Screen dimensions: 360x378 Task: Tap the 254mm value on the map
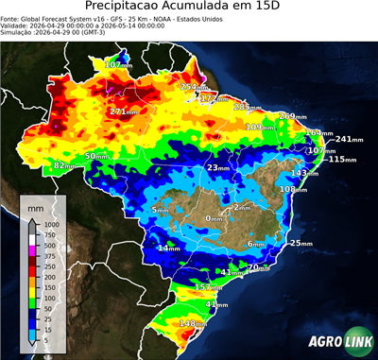click(193, 87)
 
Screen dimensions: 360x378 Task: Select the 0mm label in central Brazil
click(216, 218)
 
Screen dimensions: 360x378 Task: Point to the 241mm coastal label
click(349, 139)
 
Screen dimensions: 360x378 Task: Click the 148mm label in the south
click(194, 324)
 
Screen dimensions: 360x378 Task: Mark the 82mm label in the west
click(64, 165)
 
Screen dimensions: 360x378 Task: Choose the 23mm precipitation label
click(218, 167)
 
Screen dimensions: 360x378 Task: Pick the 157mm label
click(207, 286)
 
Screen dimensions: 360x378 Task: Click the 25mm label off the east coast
click(301, 244)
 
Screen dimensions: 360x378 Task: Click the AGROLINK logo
click(336, 342)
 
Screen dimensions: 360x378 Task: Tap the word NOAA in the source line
click(164, 18)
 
